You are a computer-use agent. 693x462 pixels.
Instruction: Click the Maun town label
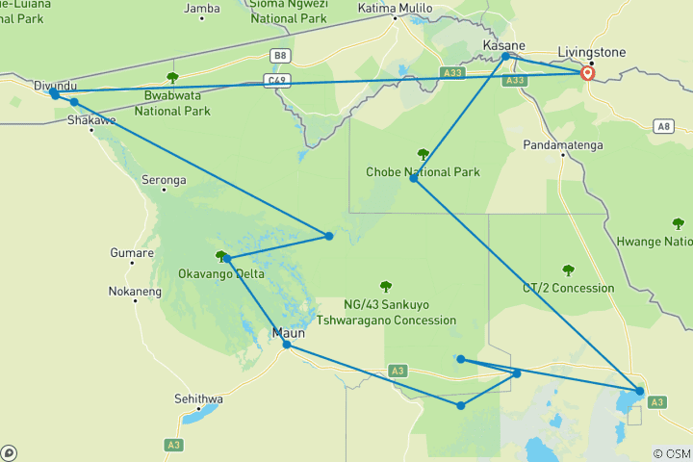coord(289,333)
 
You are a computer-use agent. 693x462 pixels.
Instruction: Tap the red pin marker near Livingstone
coord(586,73)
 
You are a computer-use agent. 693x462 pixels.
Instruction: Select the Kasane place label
coord(503,45)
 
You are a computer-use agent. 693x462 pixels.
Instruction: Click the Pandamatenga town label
coord(563,144)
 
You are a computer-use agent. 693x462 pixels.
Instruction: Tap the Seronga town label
coord(164,180)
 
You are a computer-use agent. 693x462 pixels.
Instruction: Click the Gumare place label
coord(132,253)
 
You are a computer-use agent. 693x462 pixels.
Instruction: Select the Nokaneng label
coord(135,291)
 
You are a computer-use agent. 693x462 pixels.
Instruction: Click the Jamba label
coord(202,9)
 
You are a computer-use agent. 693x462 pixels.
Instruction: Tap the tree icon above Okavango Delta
coord(221,257)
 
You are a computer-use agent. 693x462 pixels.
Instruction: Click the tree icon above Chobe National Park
coord(422,154)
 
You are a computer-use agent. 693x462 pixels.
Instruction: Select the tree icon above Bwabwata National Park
coord(172,78)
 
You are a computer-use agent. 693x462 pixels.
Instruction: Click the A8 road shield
coord(662,126)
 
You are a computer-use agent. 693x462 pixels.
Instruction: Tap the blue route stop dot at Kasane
coord(506,57)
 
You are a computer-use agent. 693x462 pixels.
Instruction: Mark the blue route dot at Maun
coord(286,345)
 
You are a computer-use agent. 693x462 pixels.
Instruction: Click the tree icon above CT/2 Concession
coord(568,270)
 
